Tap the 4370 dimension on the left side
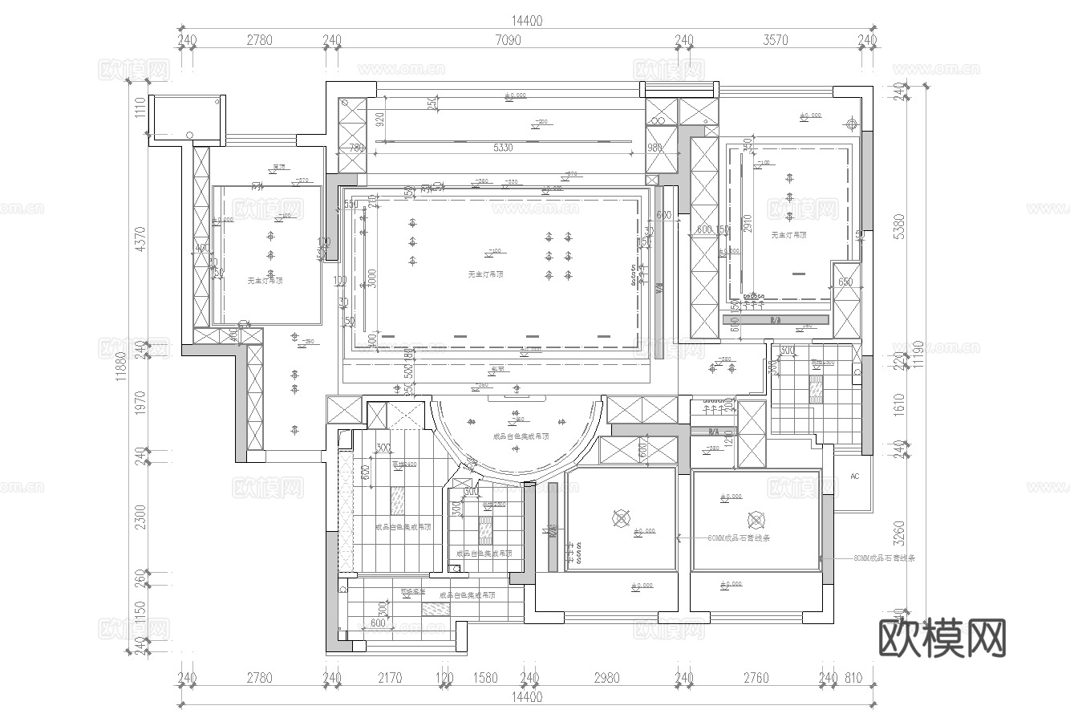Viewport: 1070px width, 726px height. coord(141,239)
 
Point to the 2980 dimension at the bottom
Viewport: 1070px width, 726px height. coord(607,679)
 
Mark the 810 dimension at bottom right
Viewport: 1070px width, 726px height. coord(853,679)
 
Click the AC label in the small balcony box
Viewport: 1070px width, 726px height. coord(854,477)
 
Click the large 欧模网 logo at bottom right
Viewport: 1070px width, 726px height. coord(942,638)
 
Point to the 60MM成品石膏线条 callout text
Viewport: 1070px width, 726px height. coord(739,538)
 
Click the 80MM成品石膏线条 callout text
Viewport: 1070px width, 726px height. coord(885,557)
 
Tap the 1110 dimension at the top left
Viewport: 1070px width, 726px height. coord(141,107)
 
